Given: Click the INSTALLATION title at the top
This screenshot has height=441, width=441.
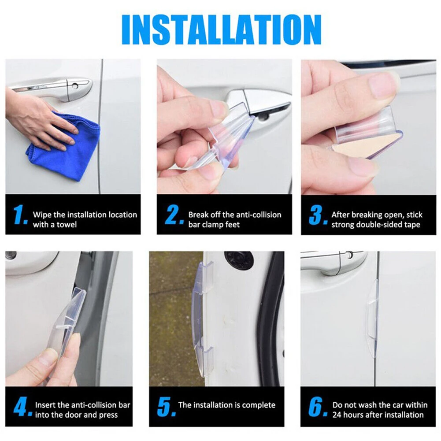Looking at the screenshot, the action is click(221, 30).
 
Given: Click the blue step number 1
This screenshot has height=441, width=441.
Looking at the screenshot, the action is click(20, 215).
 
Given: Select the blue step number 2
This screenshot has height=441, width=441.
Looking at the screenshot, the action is click(174, 215).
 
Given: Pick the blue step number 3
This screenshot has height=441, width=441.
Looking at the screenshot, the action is click(318, 215).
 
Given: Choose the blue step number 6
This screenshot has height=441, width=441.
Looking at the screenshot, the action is click(318, 407).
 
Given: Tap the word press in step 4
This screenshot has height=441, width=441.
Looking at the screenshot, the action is click(108, 415).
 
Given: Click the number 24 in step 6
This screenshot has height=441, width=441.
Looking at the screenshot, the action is click(337, 415).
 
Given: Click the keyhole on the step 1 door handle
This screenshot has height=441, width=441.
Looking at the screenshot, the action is click(75, 86).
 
